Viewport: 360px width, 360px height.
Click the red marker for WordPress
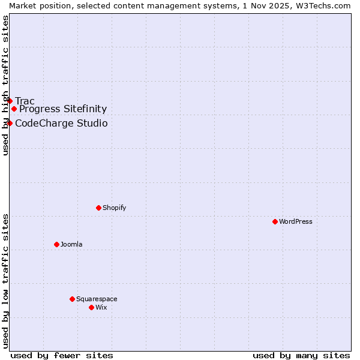click(275, 221)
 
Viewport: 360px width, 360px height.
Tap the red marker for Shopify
click(98, 208)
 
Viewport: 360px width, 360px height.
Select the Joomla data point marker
click(56, 244)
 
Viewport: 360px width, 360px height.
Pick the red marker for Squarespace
click(72, 299)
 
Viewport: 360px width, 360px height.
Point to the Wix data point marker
click(91, 307)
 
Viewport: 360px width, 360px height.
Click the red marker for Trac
click(10, 101)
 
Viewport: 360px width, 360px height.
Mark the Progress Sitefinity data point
click(14, 109)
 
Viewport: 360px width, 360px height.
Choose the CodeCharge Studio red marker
click(10, 123)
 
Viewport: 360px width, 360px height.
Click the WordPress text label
click(296, 221)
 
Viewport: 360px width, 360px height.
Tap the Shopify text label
click(115, 208)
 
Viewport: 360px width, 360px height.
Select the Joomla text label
click(71, 244)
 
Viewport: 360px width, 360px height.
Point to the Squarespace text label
click(97, 299)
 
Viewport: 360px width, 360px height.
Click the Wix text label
click(101, 307)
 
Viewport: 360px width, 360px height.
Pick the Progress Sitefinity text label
click(63, 109)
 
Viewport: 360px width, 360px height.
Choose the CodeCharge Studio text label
click(61, 123)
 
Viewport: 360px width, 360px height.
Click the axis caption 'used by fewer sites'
click(62, 355)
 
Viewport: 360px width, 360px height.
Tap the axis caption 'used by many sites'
click(301, 355)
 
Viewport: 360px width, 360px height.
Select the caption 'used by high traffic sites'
click(5, 85)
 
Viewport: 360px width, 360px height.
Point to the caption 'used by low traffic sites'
click(5, 280)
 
